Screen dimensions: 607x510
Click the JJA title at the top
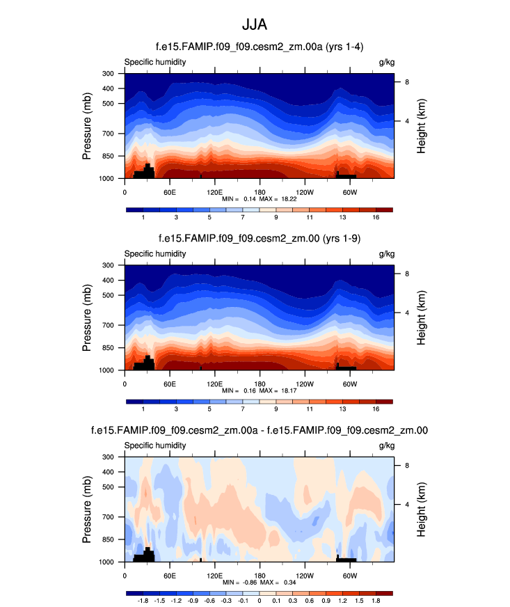[x=255, y=24]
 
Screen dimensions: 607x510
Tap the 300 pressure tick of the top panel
[x=108, y=74]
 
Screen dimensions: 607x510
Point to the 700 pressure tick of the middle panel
[x=108, y=325]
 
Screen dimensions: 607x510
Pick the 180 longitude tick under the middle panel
[x=260, y=384]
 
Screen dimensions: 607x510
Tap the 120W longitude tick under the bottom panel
[x=304, y=576]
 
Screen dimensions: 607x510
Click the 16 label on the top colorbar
[x=376, y=219]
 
